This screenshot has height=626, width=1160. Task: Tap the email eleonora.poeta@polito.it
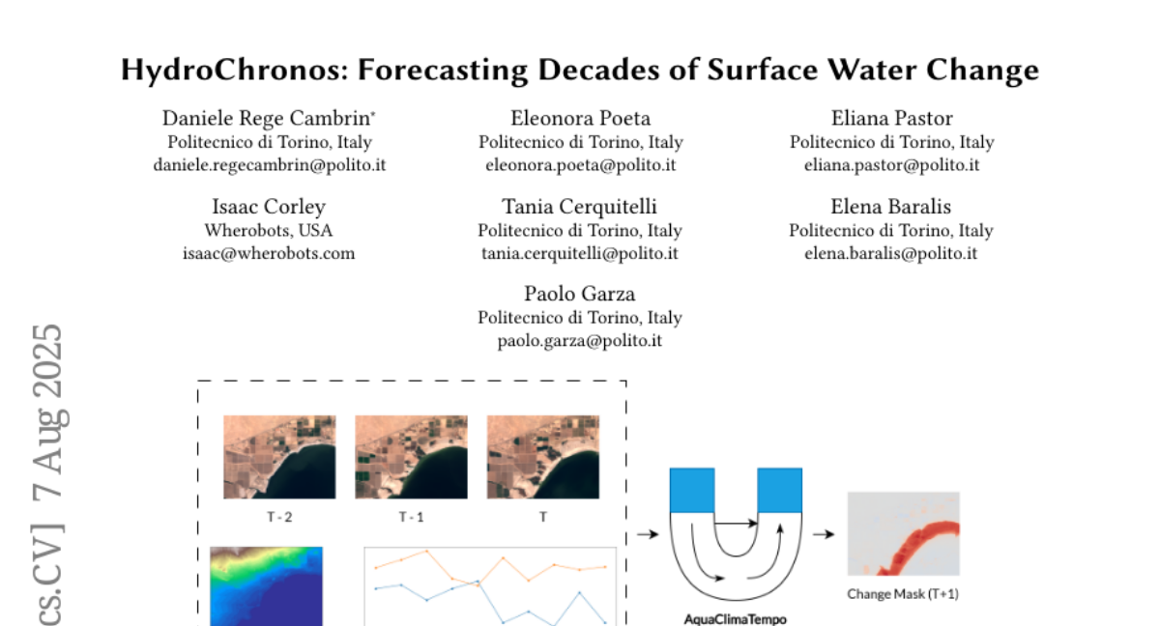coord(581,165)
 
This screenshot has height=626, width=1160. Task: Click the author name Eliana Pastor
coord(891,118)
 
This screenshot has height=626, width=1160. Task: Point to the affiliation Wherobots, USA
coord(269,230)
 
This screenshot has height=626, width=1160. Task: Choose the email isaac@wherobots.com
coord(269,253)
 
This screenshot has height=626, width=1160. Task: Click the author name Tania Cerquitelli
coord(579,207)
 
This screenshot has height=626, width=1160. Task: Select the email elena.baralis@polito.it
coord(891,253)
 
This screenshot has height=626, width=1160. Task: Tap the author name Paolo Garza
coord(579,294)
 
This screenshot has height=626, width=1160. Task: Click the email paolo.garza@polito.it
coord(579,341)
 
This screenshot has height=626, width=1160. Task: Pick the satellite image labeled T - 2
coord(279,457)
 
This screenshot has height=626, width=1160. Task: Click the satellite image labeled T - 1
coord(411,457)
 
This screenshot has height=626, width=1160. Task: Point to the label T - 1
coord(411,517)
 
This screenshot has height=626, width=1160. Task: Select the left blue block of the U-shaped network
coord(692,491)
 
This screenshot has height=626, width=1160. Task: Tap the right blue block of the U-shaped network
coord(780,491)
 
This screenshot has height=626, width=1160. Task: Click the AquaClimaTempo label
coord(736,619)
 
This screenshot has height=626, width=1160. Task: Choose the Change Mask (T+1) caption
coord(903,594)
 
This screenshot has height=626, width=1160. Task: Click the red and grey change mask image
coord(904,533)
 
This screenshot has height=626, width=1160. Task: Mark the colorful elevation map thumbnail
coord(266,586)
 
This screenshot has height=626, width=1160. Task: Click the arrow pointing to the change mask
coord(824,534)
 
